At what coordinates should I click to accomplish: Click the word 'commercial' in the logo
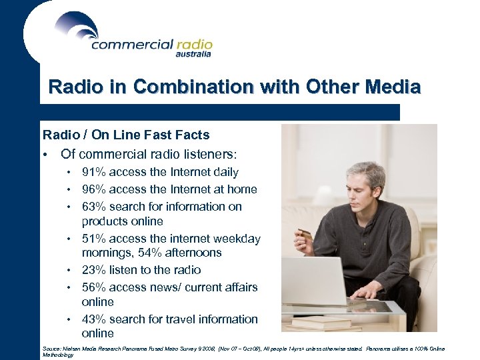131,45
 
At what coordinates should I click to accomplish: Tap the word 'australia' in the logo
193,55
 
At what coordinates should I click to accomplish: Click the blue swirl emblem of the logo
77,27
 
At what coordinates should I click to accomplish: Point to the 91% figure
94,172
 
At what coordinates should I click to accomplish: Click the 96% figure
94,189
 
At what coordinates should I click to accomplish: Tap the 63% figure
94,207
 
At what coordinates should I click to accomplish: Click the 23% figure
94,270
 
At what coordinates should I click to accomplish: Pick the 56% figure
94,287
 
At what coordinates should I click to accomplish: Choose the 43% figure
94,319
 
